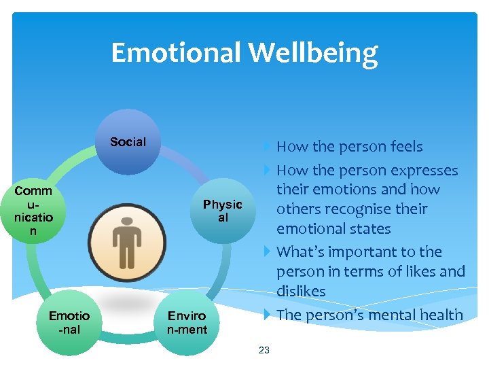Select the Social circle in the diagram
pyautogui.click(x=128, y=142)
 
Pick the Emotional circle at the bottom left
pyautogui.click(x=69, y=323)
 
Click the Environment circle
pyautogui.click(x=187, y=323)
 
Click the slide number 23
pyautogui.click(x=264, y=350)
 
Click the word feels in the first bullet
pyautogui.click(x=403, y=147)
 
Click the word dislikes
pyautogui.click(x=301, y=291)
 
